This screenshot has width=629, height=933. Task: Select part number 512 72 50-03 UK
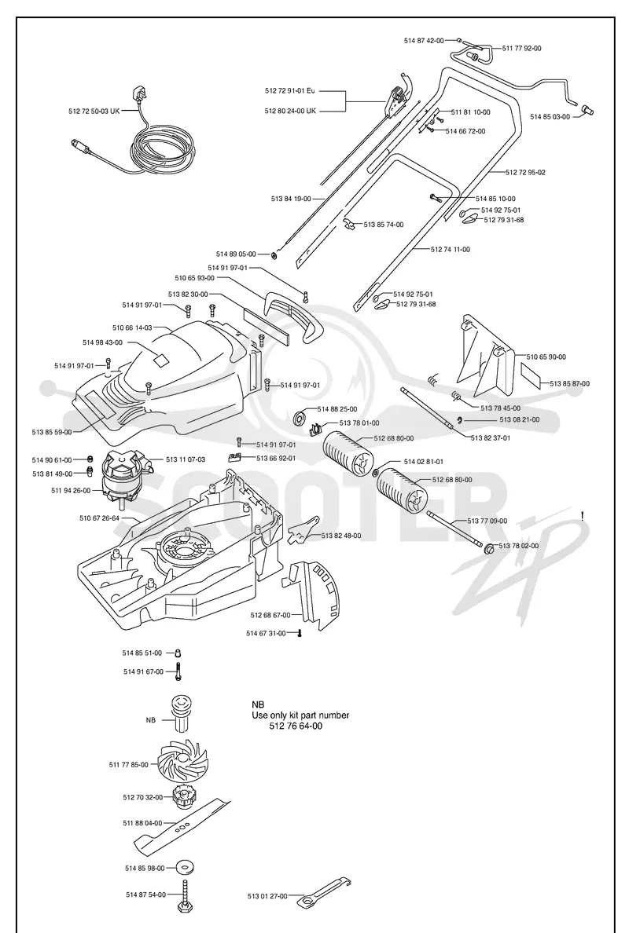94,111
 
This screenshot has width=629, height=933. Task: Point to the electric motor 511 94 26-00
125,476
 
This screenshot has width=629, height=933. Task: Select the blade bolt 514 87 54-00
184,895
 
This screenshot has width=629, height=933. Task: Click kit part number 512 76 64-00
296,726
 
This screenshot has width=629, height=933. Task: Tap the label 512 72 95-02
525,173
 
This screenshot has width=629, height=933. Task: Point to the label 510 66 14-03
132,327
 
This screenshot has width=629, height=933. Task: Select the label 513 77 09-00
487,521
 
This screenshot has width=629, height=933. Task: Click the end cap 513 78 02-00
488,548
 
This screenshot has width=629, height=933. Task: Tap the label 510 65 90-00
546,357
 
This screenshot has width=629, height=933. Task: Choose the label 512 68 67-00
270,615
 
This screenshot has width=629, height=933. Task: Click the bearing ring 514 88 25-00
301,416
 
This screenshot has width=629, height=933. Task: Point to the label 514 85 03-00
550,116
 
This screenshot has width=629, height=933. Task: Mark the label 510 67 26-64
100,518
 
